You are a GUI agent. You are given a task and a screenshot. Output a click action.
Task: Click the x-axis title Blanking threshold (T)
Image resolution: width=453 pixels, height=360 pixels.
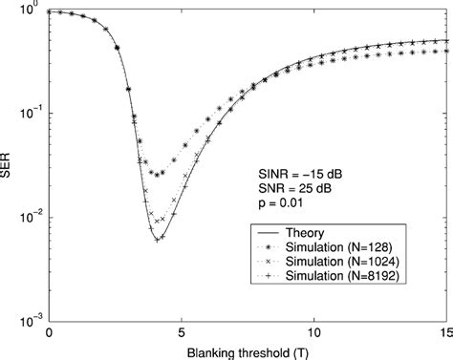[x=248, y=351]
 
